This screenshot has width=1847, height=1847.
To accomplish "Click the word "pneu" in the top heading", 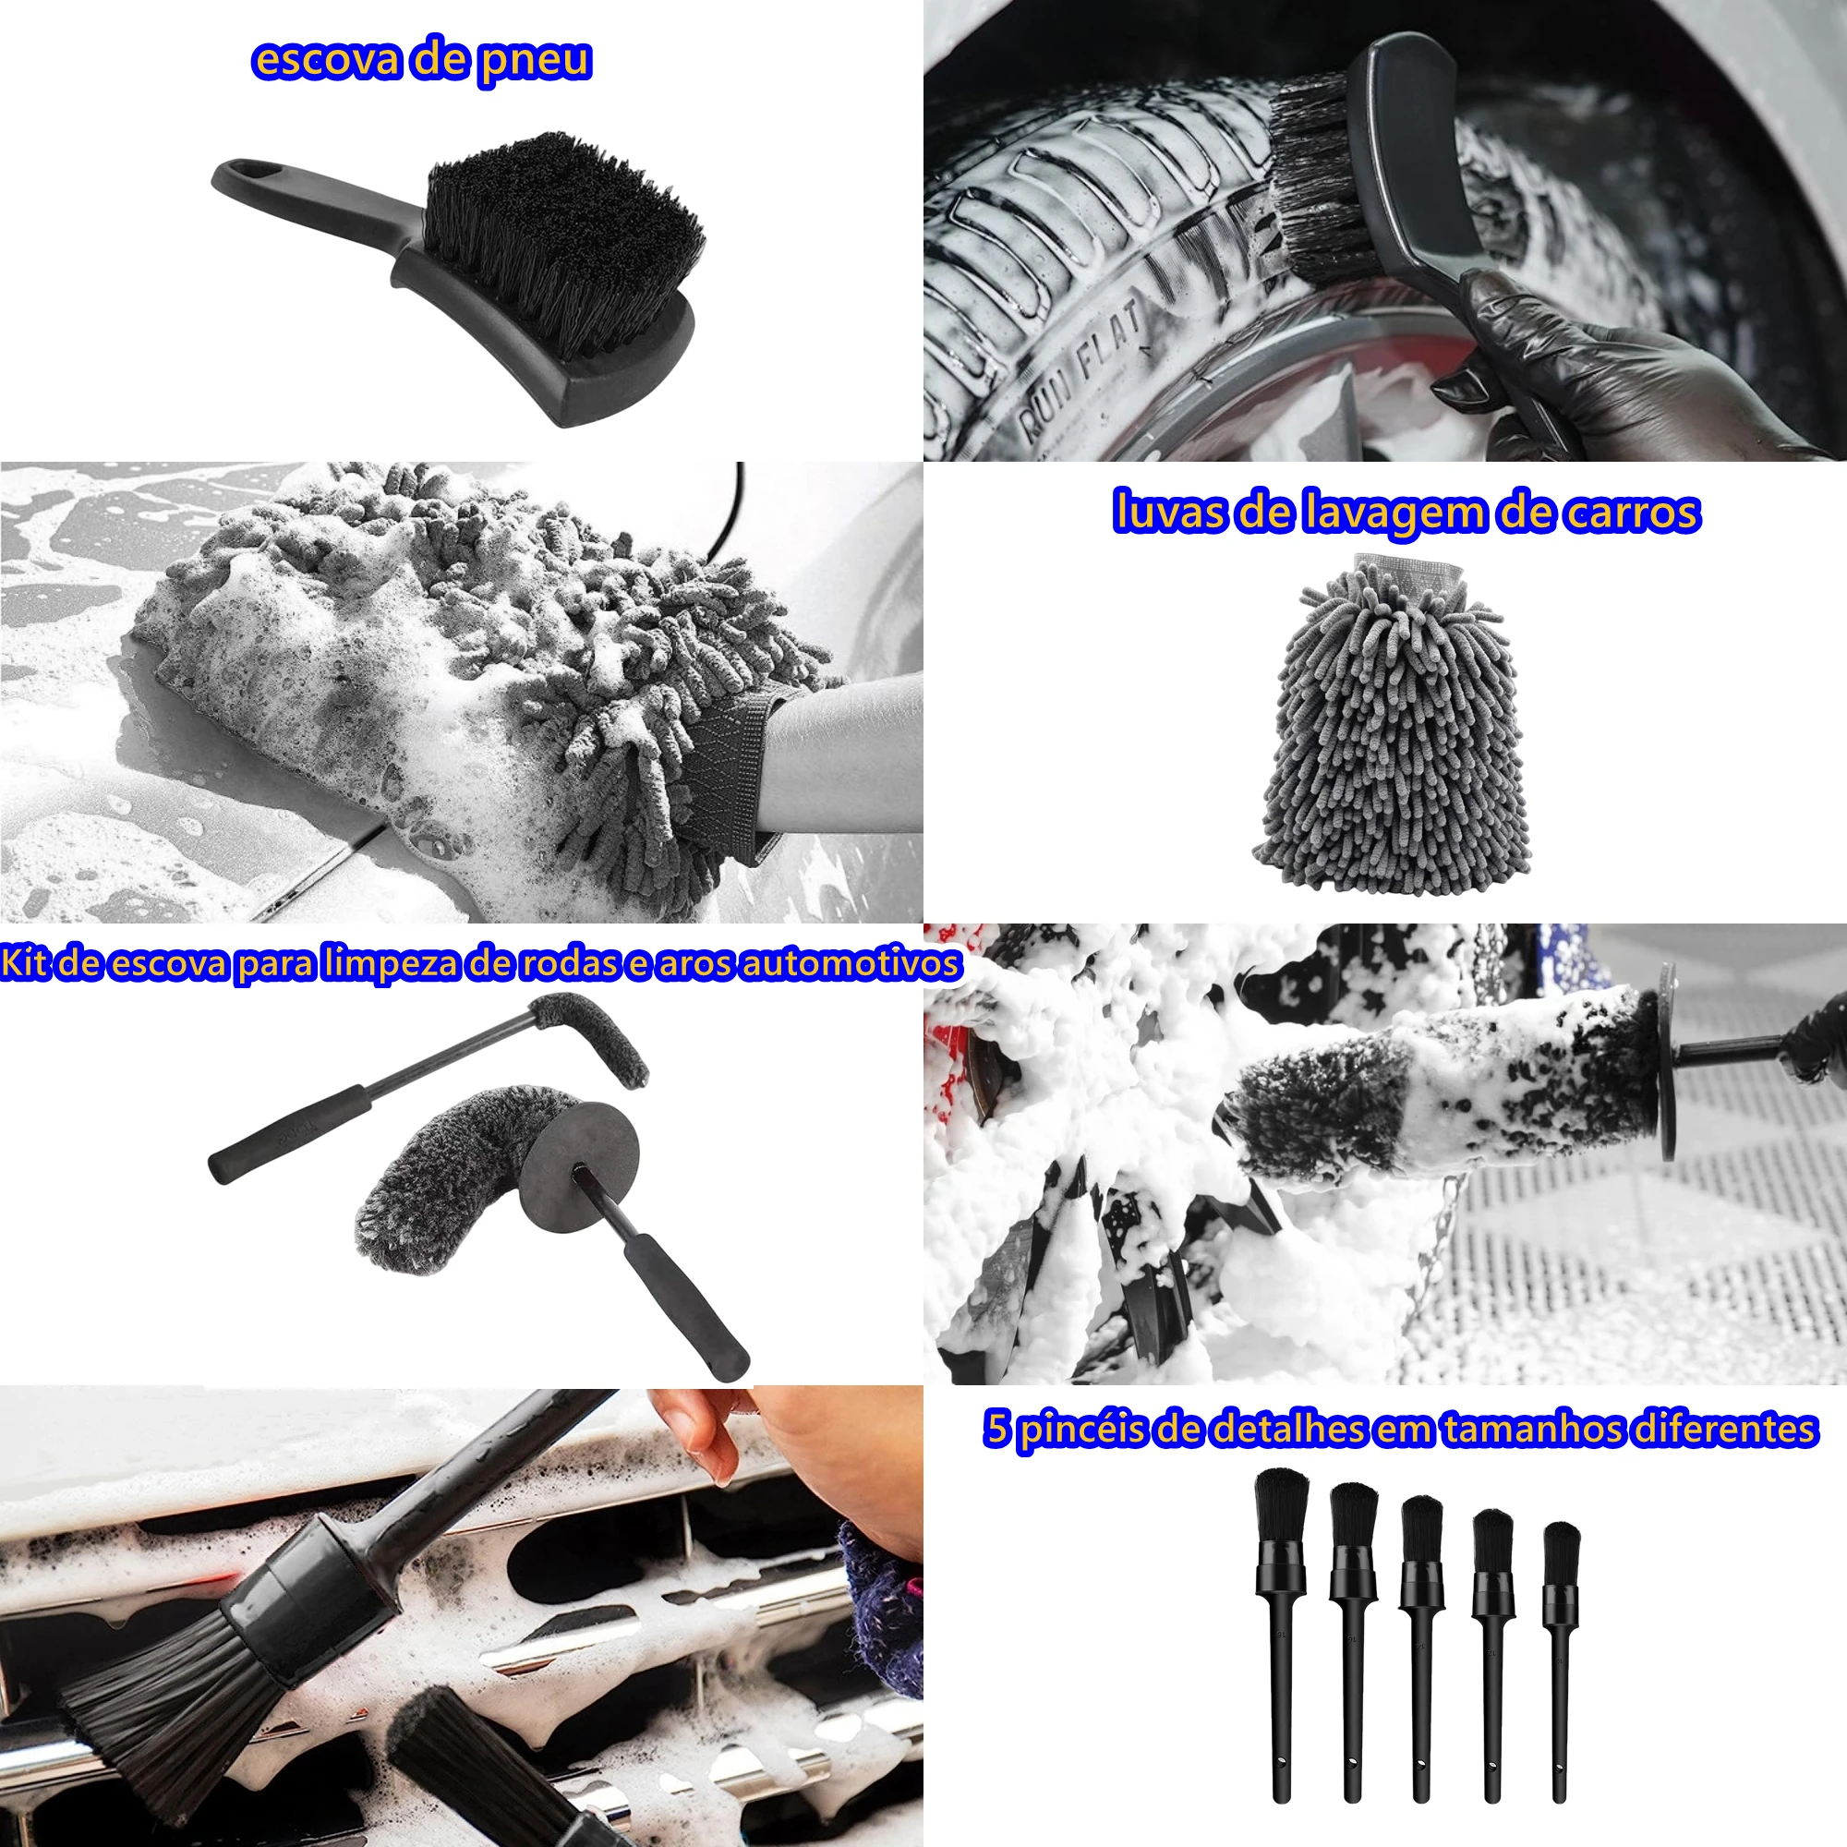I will tap(536, 60).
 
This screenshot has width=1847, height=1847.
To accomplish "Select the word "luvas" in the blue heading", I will tap(1168, 513).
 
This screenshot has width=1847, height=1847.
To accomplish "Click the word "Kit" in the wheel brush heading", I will tap(23, 962).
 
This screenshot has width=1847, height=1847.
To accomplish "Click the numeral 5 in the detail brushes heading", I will tap(997, 1429).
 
